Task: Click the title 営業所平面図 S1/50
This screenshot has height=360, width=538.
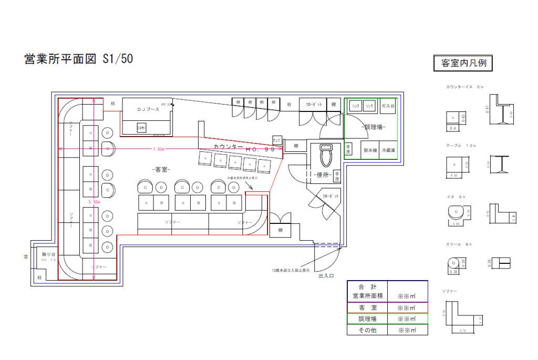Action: point(79,59)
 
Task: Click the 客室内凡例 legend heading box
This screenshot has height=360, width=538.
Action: point(463,63)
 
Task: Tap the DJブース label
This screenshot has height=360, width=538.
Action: point(148,109)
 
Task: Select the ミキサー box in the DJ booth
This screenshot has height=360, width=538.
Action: point(141,128)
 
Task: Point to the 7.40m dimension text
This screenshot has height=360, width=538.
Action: point(158,149)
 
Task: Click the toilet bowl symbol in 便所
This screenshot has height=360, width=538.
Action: point(326,156)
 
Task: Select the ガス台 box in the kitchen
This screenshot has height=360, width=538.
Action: point(388,106)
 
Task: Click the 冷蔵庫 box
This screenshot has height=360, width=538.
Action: point(388,150)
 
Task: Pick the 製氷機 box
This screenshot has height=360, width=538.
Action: point(370,150)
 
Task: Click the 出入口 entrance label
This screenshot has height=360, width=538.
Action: point(326,275)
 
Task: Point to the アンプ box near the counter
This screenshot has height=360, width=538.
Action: point(277,140)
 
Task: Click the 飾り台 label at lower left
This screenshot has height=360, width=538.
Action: point(48,254)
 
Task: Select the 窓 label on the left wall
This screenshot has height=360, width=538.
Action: point(25,258)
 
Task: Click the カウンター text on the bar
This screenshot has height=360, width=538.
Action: point(229,147)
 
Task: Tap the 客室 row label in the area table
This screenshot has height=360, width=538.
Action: point(367,308)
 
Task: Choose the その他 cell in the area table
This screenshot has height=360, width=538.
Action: point(367,330)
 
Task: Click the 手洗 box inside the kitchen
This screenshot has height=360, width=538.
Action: point(348,150)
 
